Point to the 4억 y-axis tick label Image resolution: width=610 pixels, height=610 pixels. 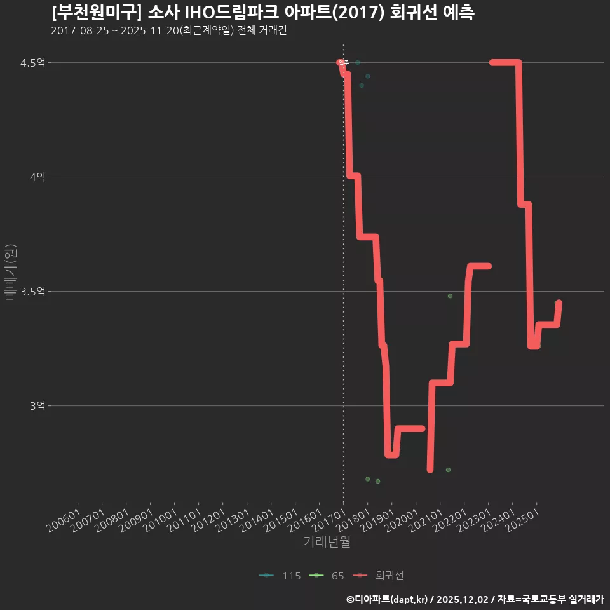38,177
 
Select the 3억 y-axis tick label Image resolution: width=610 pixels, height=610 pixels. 38,406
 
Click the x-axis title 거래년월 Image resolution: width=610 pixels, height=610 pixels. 327,542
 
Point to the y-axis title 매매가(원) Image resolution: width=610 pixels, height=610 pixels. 11,272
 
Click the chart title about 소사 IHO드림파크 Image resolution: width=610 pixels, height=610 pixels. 262,13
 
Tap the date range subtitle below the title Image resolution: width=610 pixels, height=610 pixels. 168,30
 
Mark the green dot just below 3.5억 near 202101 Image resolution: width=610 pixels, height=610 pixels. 450,296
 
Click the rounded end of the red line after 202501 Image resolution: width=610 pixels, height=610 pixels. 559,303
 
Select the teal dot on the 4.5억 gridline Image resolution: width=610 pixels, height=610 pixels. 358,63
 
